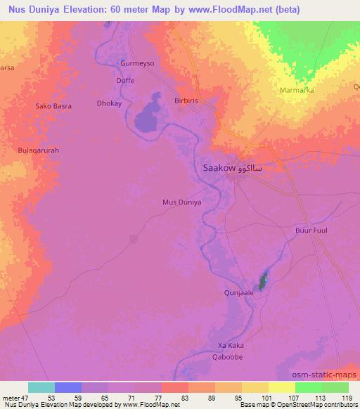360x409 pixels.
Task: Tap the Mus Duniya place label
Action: (x=182, y=202)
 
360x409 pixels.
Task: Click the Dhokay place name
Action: (x=109, y=103)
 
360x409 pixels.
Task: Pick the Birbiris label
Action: (x=188, y=100)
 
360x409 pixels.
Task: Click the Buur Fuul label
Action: (x=311, y=230)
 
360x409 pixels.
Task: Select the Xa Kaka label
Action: (x=231, y=345)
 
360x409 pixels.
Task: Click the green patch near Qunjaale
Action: (x=264, y=281)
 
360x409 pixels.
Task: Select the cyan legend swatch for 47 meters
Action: (x=41, y=388)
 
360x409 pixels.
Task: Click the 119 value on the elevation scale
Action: (x=346, y=398)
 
